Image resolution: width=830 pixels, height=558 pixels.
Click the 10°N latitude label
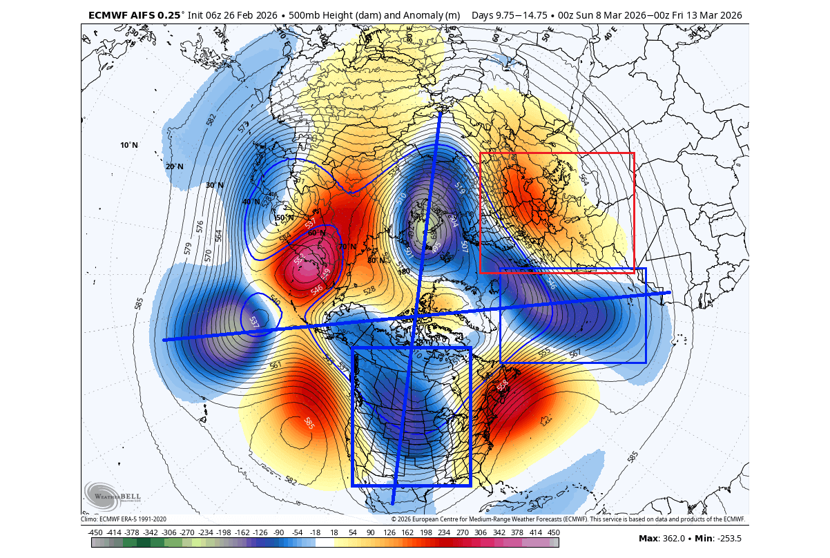(129, 145)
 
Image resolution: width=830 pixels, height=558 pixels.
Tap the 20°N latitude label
(175, 166)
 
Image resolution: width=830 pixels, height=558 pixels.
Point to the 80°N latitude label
(376, 260)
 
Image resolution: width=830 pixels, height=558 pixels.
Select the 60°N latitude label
(317, 233)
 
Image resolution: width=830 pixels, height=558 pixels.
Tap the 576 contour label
(200, 227)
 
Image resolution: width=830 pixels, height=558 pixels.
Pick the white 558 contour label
(502, 384)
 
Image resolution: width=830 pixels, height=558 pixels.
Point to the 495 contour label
(436, 247)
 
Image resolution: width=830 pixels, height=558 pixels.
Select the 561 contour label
(276, 365)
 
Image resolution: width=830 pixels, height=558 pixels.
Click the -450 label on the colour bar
(95, 532)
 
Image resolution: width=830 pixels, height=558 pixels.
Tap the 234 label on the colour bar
(443, 532)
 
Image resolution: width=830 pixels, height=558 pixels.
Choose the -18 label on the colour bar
(316, 532)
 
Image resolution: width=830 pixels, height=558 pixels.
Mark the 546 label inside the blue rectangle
(551, 283)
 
